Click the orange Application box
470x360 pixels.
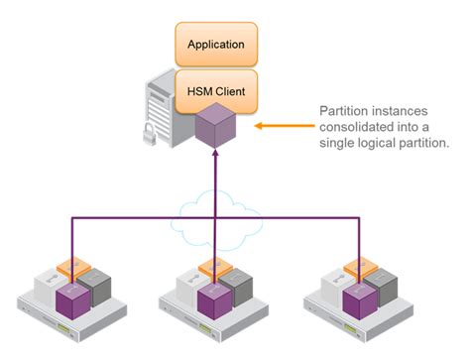[x=216, y=45]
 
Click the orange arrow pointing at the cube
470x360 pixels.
[x=283, y=127]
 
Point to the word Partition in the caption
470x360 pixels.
[x=342, y=111]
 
